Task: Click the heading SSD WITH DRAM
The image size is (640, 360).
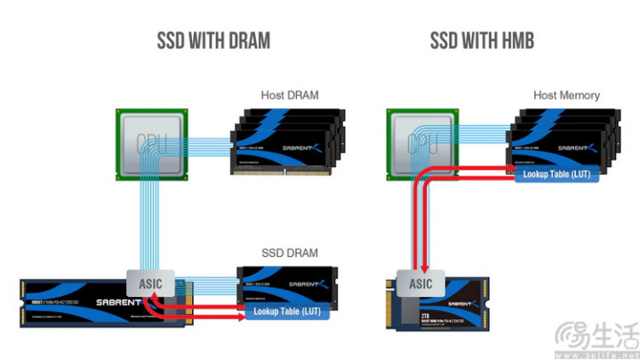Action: pyautogui.click(x=213, y=41)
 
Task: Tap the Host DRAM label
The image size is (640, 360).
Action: pyautogui.click(x=290, y=95)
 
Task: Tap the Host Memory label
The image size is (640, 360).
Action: pyautogui.click(x=566, y=95)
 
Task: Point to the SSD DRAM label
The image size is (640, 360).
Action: pyautogui.click(x=290, y=252)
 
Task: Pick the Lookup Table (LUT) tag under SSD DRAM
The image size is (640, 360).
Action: pyautogui.click(x=285, y=312)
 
